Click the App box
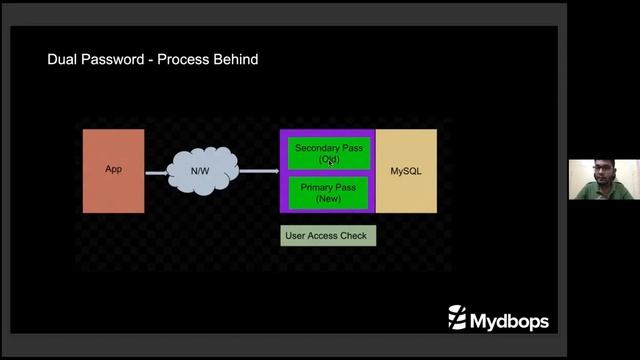113,170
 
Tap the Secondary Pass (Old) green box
328,154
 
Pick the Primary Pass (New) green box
328,193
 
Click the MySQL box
406,170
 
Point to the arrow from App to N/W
157,172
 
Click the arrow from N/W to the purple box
258,171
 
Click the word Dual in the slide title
63,60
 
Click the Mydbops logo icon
456,318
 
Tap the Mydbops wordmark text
508,318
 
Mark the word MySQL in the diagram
406,171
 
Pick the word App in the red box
113,169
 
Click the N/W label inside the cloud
200,171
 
